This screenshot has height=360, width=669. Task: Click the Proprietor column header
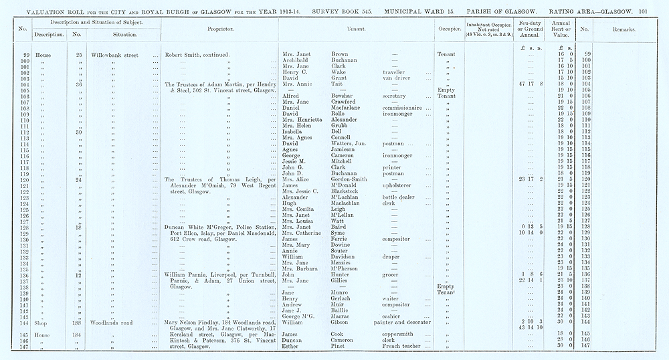(x=219, y=30)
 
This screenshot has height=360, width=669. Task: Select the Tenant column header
(x=355, y=30)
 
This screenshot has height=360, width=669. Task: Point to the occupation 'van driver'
(x=396, y=78)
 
